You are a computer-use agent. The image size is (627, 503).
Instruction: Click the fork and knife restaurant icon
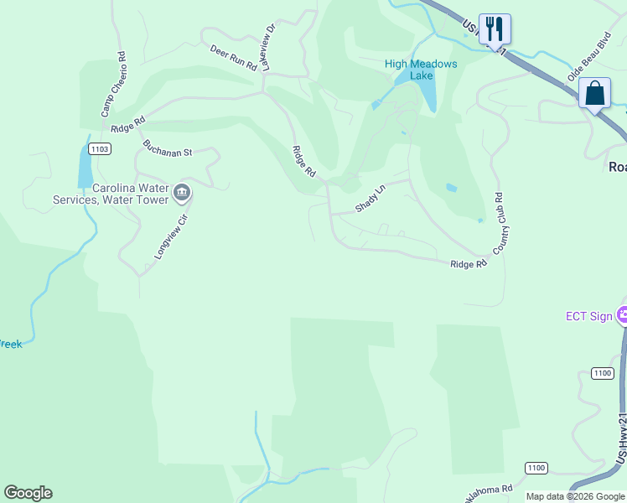pos(495,29)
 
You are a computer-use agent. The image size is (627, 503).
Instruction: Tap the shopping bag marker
pos(594,92)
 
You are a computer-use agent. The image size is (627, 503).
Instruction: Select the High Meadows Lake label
pos(421,70)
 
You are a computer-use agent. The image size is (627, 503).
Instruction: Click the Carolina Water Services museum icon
pos(181,194)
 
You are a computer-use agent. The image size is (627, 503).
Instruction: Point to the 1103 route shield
pos(99,148)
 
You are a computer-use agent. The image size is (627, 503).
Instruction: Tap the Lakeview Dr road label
pos(267,47)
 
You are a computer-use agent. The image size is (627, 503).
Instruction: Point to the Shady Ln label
pos(370,198)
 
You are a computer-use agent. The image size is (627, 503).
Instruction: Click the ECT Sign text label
pos(589,316)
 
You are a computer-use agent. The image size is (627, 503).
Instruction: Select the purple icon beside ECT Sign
pos(622,316)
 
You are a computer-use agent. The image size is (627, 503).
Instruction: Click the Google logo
pos(28,493)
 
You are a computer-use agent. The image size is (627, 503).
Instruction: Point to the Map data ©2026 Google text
pos(576,496)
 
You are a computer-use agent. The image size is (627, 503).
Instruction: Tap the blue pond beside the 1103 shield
pos(85,166)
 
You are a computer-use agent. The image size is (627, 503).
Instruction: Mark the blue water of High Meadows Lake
pos(426,91)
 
